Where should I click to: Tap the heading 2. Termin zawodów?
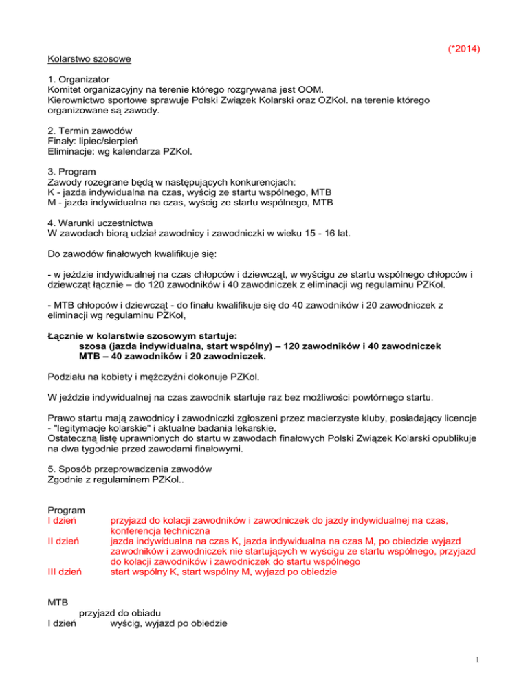90,131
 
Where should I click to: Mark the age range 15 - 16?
315,234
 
